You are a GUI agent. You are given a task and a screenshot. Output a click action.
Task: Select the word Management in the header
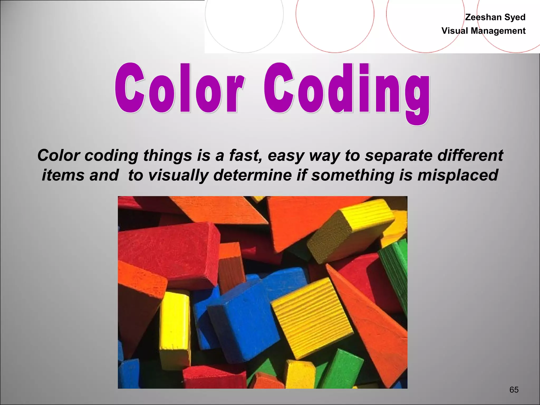click(498, 31)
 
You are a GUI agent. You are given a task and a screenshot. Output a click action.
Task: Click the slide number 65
click(514, 389)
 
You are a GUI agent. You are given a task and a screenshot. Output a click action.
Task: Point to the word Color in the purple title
click(179, 88)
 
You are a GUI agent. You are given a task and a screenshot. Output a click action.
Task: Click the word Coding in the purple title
click(347, 91)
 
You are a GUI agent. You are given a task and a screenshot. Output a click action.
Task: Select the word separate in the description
click(398, 156)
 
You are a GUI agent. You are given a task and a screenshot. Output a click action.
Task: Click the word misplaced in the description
click(458, 175)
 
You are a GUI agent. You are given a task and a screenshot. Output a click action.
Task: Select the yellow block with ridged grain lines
click(311, 316)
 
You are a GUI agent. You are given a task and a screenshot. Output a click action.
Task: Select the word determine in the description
click(253, 175)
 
